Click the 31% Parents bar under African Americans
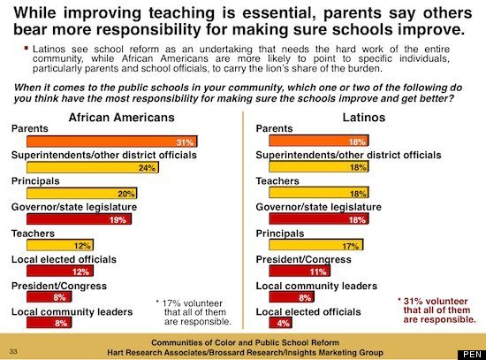(x=112, y=142)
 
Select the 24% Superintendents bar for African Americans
(x=93, y=167)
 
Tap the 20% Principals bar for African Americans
(x=82, y=194)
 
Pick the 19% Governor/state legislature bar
(x=79, y=219)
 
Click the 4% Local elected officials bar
(x=280, y=323)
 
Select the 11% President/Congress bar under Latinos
(x=300, y=272)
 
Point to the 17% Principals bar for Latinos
(x=316, y=245)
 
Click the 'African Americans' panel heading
(x=122, y=118)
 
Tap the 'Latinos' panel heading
(x=364, y=118)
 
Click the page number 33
(x=13, y=351)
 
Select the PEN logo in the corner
(x=472, y=355)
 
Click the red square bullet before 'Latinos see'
(x=27, y=48)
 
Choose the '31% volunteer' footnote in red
(x=437, y=310)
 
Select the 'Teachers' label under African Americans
(x=33, y=234)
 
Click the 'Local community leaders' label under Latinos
(x=316, y=286)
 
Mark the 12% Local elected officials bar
(x=60, y=272)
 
